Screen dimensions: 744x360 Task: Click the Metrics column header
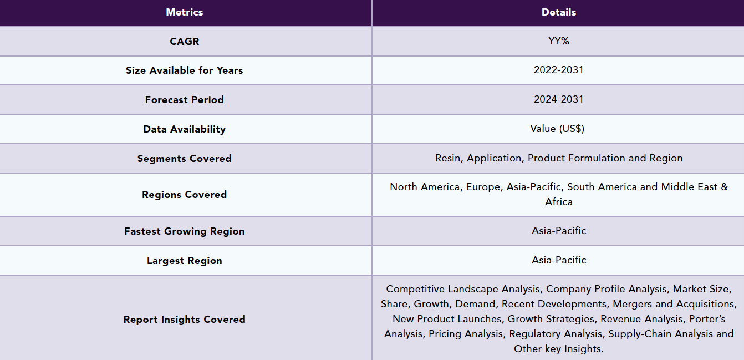185,12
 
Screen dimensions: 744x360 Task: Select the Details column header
559,12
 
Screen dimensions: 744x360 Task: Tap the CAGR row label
185,42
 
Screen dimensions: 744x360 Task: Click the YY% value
559,41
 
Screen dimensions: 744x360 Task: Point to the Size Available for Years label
185,70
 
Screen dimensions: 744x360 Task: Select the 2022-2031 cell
559,70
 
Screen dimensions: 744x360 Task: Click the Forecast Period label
185,100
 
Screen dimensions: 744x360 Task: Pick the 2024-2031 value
559,99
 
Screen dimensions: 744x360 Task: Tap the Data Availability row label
185,129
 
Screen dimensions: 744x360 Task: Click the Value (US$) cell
557,129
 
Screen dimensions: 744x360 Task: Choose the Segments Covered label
185,159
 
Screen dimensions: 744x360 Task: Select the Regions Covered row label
185,195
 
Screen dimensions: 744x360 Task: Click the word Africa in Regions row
559,202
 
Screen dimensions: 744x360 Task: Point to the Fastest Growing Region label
185,231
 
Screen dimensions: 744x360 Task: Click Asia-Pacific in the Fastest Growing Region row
559,231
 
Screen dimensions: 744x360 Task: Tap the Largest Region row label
185,261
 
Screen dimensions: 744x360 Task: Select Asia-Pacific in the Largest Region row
559,260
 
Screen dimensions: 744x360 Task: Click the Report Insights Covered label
185,320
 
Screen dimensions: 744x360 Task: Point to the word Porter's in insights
707,319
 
